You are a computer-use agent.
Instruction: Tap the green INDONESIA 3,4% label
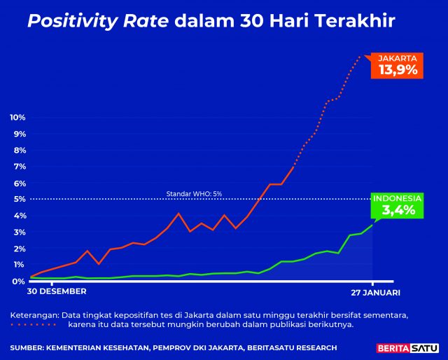pos(397,205)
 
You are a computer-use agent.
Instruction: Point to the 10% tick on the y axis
pos(18,117)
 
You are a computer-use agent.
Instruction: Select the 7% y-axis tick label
pos(20,167)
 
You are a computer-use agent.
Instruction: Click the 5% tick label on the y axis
pos(20,200)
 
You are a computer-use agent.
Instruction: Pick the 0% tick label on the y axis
pos(20,282)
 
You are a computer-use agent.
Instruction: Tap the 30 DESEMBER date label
pos(57,291)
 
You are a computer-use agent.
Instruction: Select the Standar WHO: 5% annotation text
pos(194,193)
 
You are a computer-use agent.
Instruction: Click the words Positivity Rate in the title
pos(98,22)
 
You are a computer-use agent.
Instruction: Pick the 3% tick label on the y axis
pos(20,233)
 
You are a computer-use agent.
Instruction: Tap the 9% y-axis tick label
pos(20,134)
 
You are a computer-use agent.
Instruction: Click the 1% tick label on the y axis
pos(20,265)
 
